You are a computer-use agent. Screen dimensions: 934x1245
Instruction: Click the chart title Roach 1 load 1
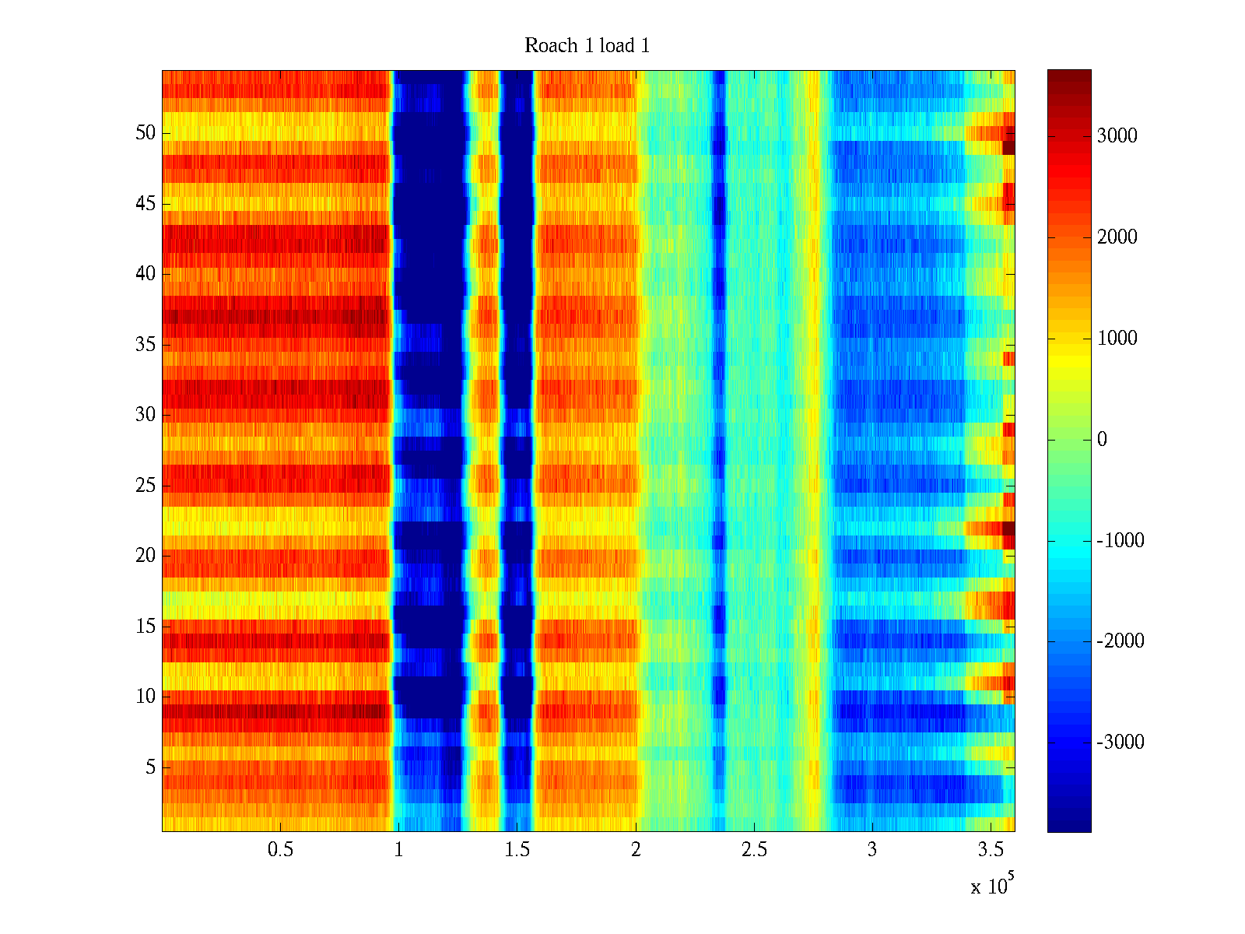[587, 46]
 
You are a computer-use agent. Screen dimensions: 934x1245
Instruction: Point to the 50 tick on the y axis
[146, 133]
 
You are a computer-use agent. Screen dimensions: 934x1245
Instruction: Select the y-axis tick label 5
[150, 767]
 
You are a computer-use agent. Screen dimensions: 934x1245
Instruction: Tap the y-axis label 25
[146, 486]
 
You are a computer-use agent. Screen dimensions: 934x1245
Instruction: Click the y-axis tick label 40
[146, 274]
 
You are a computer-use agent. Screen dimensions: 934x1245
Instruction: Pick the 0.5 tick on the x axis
[280, 850]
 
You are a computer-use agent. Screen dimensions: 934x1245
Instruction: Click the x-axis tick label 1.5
[517, 850]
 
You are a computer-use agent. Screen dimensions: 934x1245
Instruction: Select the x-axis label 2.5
[754, 850]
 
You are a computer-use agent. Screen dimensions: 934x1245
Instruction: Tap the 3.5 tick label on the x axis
[991, 850]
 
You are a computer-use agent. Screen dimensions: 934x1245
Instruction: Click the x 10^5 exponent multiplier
[991, 885]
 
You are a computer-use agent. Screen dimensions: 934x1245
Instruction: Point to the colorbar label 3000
[1117, 136]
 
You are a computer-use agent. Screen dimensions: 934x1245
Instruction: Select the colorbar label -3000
[1120, 743]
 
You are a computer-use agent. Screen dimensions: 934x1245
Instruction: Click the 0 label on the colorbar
[1102, 440]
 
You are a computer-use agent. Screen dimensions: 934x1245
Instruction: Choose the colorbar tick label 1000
[1117, 339]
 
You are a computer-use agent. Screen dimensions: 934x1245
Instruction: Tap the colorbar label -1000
[1120, 541]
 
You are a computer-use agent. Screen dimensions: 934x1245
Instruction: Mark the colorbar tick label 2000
[1117, 237]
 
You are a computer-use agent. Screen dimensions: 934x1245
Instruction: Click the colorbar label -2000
[1120, 641]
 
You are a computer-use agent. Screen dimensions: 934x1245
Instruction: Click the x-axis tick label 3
[872, 850]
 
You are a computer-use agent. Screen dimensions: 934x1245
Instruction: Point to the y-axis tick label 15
[146, 627]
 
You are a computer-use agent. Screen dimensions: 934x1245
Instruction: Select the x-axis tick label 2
[636, 850]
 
